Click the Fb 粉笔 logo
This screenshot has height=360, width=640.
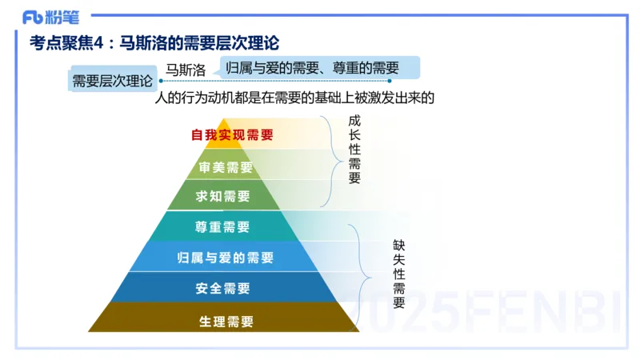(x=50, y=16)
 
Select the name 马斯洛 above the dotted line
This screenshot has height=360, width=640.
(x=185, y=70)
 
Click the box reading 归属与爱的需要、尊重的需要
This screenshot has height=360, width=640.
(x=312, y=67)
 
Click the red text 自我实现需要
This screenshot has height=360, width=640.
(x=232, y=135)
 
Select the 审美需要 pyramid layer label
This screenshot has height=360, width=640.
(x=225, y=167)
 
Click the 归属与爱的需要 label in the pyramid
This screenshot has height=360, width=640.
(x=225, y=258)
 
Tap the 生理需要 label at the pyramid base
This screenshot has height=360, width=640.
(x=226, y=322)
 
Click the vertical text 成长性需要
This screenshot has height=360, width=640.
(x=354, y=150)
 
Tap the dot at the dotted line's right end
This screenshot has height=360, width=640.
(x=390, y=80)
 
